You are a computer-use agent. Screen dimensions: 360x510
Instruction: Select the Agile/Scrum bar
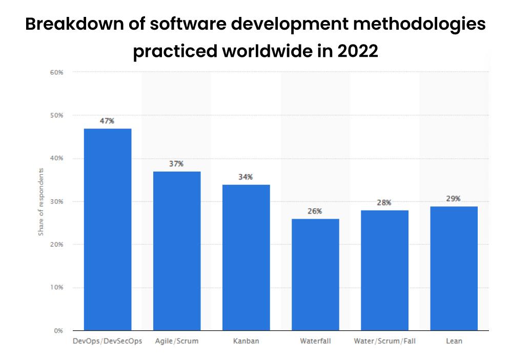[177, 251]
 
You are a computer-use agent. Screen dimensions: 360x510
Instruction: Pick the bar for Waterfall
[315, 274]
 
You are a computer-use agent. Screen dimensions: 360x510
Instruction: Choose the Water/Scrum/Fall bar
[384, 270]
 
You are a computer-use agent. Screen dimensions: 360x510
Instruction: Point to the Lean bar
[454, 268]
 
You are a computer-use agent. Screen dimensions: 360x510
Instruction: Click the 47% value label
[107, 121]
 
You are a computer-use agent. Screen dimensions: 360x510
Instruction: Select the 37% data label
[176, 164]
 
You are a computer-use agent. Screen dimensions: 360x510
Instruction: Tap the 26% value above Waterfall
[315, 211]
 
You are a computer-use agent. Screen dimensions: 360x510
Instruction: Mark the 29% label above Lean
[453, 199]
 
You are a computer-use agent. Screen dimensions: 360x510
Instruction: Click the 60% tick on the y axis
[57, 72]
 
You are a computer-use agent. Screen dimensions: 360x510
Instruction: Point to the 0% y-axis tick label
[58, 330]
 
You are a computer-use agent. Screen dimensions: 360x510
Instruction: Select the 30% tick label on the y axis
[57, 201]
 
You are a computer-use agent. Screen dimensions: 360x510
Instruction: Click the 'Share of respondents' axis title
[41, 201]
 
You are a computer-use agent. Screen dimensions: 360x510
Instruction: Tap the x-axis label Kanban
[246, 341]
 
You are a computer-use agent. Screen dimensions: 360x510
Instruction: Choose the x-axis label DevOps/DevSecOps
[108, 341]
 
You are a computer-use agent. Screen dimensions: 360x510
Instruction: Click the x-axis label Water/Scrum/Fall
[384, 341]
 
